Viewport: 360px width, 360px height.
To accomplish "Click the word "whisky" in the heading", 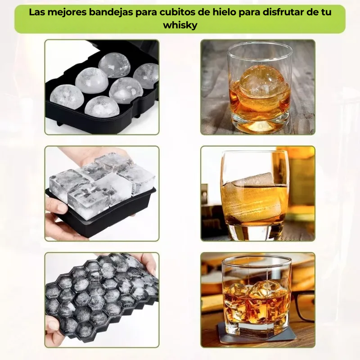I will point(180,25).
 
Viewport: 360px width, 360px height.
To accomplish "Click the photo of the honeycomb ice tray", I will point(102,300).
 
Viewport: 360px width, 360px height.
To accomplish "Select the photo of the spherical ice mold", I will point(102,87).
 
